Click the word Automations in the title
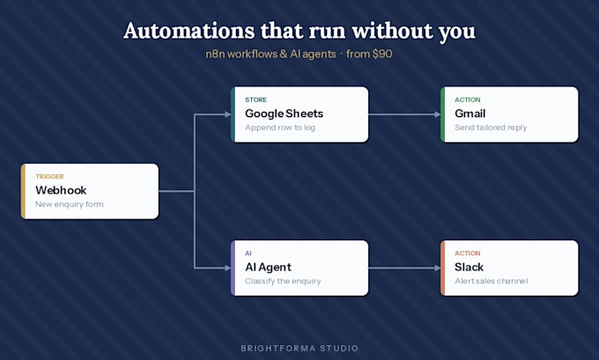[189, 31]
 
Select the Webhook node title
[61, 190]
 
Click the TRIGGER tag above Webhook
[49, 176]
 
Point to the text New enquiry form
[69, 204]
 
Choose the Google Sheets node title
[285, 114]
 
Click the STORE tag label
[256, 99]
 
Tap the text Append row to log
[280, 128]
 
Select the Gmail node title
[470, 114]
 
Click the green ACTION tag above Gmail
[467, 99]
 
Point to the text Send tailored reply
[491, 128]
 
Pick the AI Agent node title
[268, 268]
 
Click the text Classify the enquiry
[283, 281]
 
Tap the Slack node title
[470, 267]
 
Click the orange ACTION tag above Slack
[467, 253]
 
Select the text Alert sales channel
[491, 281]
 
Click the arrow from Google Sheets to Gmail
[404, 114]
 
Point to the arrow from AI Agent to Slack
[404, 268]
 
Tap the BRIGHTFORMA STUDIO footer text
[299, 349]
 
